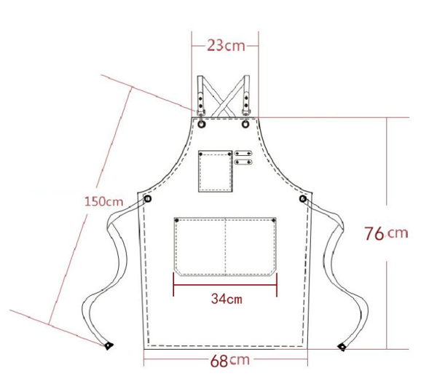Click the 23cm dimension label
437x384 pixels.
click(x=226, y=45)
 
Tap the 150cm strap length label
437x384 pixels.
click(x=103, y=201)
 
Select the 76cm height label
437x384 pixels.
click(x=386, y=233)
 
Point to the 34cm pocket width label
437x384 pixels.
click(x=227, y=299)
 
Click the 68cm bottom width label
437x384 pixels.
click(x=229, y=361)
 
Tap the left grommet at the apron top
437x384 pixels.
click(x=202, y=124)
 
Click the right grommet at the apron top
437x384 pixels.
click(x=245, y=124)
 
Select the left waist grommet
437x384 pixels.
click(x=148, y=199)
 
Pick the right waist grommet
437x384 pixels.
click(x=303, y=199)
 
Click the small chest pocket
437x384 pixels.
click(x=216, y=171)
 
